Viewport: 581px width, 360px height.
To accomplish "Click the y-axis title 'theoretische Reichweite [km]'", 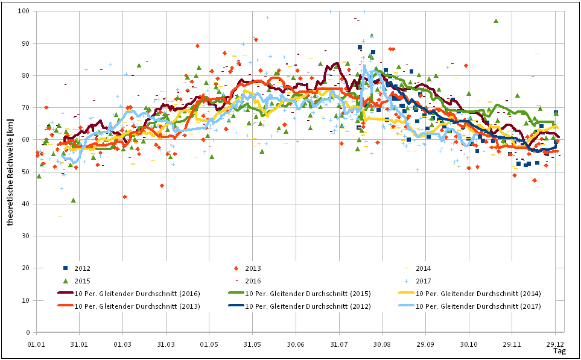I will click(x=11, y=172).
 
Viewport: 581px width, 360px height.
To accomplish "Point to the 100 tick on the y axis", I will click(x=25, y=11).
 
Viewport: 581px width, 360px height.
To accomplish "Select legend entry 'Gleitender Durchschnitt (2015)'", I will click(x=308, y=294).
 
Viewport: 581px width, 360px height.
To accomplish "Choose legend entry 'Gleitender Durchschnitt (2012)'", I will click(x=308, y=306).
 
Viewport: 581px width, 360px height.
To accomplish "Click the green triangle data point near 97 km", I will click(x=495, y=21).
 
